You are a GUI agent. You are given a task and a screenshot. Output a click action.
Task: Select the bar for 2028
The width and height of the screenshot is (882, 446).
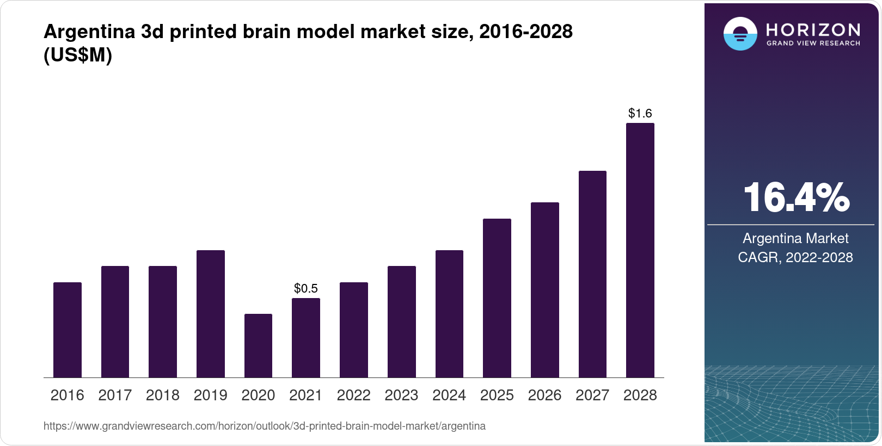coord(640,250)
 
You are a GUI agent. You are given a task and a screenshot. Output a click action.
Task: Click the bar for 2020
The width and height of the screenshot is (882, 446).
coord(258,345)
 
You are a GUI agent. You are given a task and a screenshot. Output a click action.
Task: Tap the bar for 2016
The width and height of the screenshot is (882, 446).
coord(68,330)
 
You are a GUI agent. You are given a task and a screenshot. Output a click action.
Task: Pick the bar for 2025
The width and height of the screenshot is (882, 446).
coord(497,298)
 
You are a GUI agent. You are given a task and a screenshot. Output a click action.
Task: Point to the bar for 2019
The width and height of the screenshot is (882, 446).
coord(211,314)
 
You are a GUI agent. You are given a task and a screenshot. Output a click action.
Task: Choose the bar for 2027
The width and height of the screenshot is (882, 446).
coord(592,274)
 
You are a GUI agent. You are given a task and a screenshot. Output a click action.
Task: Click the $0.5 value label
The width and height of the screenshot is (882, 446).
coord(305,288)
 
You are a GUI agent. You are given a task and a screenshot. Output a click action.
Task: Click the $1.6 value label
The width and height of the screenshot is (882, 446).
coord(640,113)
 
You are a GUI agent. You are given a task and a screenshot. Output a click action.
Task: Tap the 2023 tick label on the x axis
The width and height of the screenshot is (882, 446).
coord(401,395)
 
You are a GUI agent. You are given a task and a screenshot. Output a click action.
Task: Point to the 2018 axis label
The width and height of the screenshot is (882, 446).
coord(163,395)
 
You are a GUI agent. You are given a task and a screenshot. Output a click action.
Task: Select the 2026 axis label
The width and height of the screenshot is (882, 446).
coord(544,395)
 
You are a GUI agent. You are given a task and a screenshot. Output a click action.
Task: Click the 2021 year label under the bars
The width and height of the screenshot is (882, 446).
coord(305,395)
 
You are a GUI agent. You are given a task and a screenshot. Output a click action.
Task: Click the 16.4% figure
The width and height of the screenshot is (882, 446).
coord(795,197)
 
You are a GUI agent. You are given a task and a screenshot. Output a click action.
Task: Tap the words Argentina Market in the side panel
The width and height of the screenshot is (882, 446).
coord(795,238)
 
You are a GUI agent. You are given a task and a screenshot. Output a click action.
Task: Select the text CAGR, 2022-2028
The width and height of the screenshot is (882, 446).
coord(795,257)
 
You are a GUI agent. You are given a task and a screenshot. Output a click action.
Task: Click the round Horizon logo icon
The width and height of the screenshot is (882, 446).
coord(740,34)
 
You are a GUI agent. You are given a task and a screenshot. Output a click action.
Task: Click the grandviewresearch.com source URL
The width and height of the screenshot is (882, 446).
coord(264,426)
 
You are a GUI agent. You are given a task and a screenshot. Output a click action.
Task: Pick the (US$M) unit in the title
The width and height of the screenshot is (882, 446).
coord(78,55)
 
